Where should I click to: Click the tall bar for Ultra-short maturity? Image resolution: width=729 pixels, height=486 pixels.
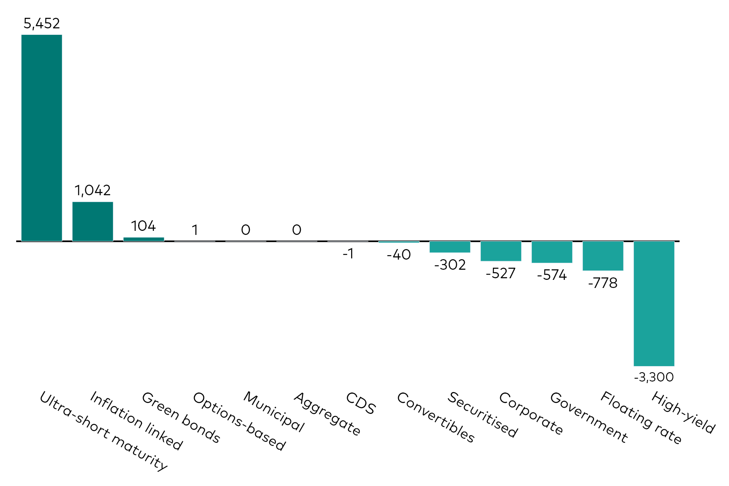point(42,138)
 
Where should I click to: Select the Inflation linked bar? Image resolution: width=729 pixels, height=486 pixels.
point(93,222)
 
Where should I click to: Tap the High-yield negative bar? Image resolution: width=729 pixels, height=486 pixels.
point(654,303)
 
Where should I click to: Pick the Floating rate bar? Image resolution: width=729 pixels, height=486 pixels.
point(603,256)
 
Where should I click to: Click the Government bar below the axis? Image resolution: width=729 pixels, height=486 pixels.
point(552,252)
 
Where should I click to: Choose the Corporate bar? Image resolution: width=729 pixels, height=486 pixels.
point(501,251)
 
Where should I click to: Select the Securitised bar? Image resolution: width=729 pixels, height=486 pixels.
point(450,247)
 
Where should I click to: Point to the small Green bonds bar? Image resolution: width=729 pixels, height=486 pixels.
point(144,239)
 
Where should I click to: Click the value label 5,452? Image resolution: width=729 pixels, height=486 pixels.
point(42,24)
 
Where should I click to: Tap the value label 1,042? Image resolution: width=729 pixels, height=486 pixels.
point(93,190)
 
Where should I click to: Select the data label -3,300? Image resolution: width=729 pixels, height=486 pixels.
point(654,377)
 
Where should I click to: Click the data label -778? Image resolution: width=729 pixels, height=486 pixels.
point(603,283)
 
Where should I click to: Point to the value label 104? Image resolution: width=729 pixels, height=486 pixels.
point(143,226)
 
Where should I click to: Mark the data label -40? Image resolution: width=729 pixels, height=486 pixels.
point(399,255)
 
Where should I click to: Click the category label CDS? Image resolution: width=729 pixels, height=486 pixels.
point(361,403)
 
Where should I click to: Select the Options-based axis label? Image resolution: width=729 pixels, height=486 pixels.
point(239,421)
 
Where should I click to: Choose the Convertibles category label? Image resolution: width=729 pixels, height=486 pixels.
point(435,417)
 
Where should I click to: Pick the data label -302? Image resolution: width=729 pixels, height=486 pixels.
point(450,265)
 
